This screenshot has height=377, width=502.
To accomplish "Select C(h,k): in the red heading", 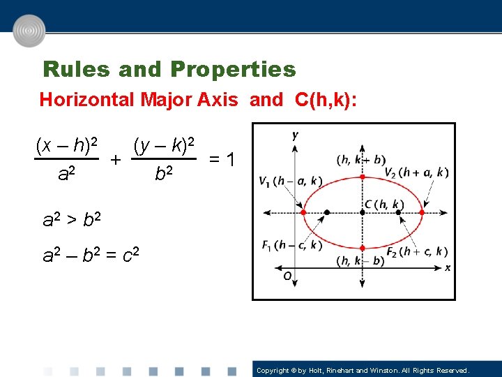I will click(326, 100).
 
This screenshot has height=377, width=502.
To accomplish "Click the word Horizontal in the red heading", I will click(86, 100).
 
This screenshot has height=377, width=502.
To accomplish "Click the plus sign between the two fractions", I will click(116, 161).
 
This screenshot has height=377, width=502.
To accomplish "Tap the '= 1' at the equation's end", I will click(224, 161).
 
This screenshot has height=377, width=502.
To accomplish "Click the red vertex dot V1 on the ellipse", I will click(304, 212).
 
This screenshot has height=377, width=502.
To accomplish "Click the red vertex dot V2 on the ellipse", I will click(421, 212).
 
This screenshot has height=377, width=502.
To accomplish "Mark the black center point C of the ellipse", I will click(363, 212).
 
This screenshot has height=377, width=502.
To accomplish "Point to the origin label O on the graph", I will click(287, 276).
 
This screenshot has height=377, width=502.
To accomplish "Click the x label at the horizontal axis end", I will click(447, 267).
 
